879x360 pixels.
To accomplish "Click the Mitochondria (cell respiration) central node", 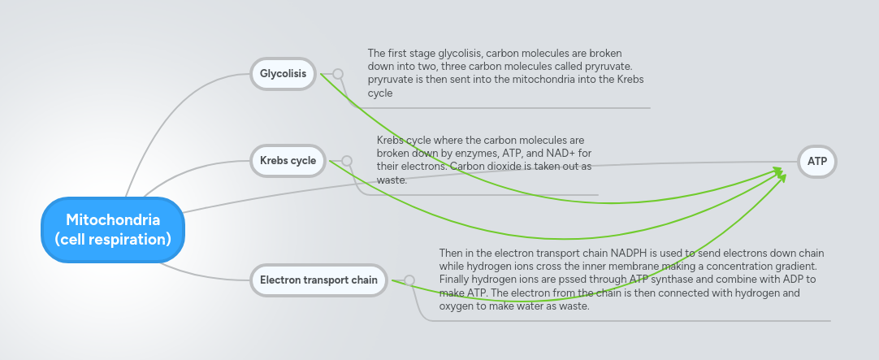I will pyautogui.click(x=113, y=229).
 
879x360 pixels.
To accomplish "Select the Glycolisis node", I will pyautogui.click(x=283, y=74).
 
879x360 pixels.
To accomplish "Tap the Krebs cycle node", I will pyautogui.click(x=288, y=160).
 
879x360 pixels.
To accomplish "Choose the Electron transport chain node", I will pyautogui.click(x=318, y=280).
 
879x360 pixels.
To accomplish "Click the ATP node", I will pyautogui.click(x=817, y=161).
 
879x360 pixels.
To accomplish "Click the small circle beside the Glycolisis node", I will pyautogui.click(x=338, y=74).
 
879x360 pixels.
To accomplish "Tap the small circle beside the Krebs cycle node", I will pyautogui.click(x=347, y=161).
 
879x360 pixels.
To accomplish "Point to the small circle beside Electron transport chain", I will pyautogui.click(x=409, y=280).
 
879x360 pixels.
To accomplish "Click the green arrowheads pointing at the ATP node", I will pyautogui.click(x=780, y=173).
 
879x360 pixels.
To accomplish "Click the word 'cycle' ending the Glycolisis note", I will pyautogui.click(x=380, y=93).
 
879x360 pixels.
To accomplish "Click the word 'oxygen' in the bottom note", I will pyautogui.click(x=455, y=306).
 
